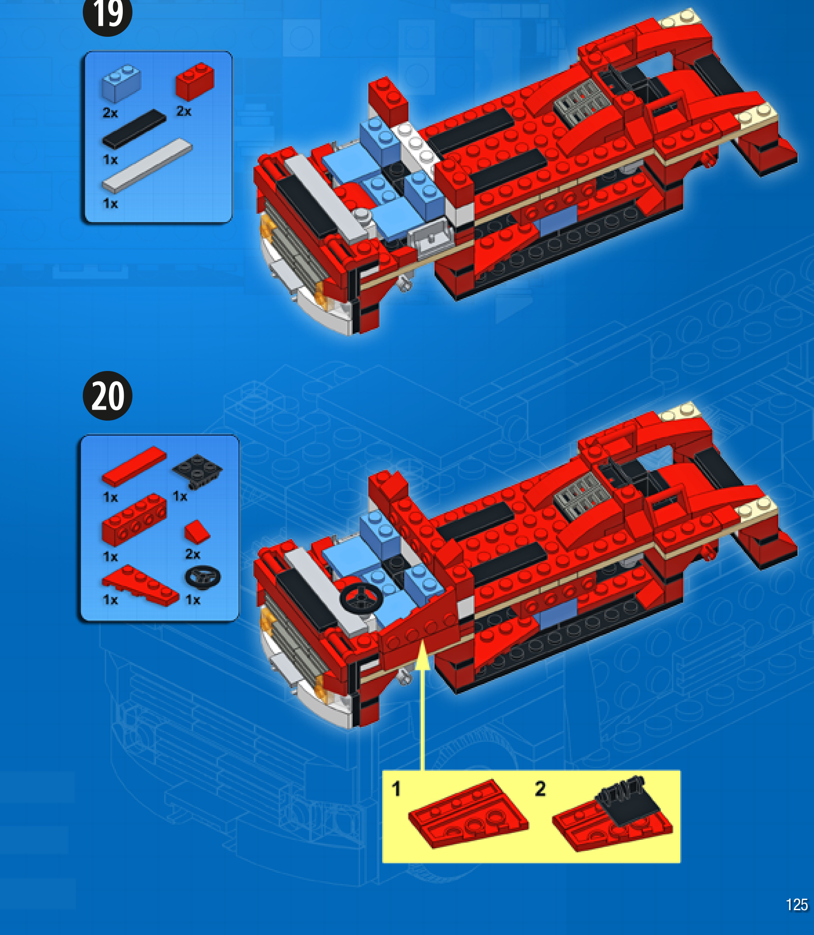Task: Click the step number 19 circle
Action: pos(107,14)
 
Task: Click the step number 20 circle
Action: pos(108,396)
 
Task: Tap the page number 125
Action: pos(797,905)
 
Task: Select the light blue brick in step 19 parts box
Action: pos(121,83)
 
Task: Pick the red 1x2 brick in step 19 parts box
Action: pos(195,81)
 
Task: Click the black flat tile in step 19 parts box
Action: pos(134,129)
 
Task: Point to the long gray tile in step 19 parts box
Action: pos(146,165)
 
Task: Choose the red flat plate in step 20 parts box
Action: pos(134,466)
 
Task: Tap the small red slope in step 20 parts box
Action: pos(197,532)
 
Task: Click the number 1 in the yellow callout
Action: pos(396,789)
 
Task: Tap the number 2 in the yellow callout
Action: pos(540,789)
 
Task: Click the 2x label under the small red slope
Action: pos(193,554)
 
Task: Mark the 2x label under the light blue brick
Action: pos(110,113)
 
